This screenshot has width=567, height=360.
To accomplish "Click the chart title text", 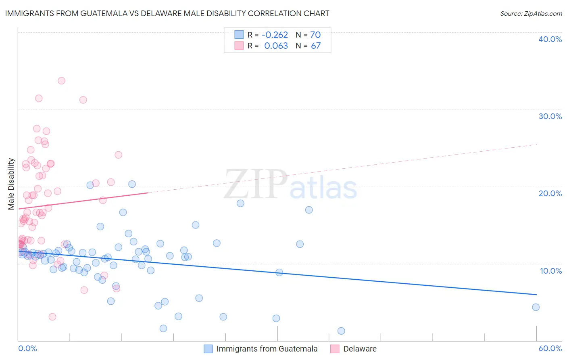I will point(167,13).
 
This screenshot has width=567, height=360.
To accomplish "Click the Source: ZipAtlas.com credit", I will point(531,13).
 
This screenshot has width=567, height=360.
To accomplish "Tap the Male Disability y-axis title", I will point(11,184).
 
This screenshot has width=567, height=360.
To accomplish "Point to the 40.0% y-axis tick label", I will point(550,39).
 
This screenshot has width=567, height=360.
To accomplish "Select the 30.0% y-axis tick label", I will point(550,116).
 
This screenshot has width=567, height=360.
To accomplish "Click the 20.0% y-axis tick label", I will point(550,193).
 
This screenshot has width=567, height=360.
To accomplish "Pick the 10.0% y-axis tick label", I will point(550,271).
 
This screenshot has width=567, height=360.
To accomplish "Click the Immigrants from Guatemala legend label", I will point(267,349).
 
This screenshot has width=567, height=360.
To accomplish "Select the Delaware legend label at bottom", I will point(360,349).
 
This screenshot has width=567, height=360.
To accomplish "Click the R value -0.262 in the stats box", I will point(275,35).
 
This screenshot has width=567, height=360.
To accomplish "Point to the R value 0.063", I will point(276,46).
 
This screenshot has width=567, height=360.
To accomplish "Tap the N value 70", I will point(315,35).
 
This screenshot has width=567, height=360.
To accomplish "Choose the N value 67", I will point(315,46).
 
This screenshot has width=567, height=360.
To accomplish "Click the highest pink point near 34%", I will point(61,81).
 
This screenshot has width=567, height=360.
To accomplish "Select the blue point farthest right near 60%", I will point(536,307).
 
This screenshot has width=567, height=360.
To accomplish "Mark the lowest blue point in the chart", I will point(341,331).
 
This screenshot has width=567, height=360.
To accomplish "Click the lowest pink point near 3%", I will point(52,317).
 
